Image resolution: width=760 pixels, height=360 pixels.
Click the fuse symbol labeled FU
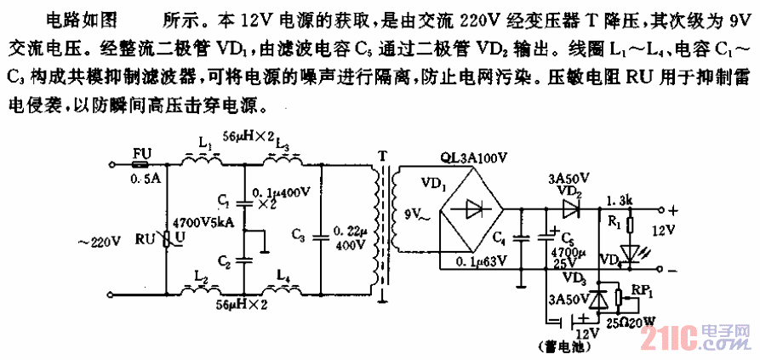[143, 162]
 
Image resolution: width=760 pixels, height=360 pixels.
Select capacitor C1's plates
[243, 203]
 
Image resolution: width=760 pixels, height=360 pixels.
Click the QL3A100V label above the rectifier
[471, 158]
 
